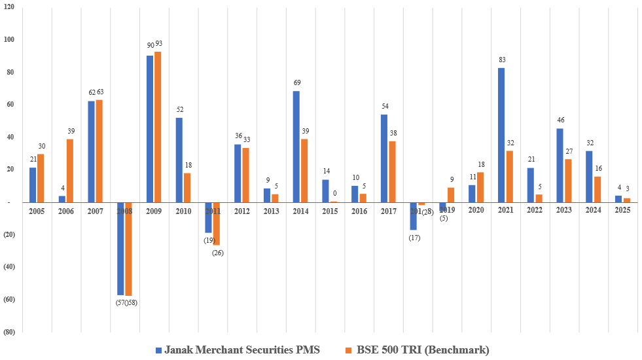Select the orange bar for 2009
[158, 127]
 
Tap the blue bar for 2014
[296, 147]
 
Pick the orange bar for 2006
[69, 171]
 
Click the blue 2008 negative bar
[120, 249]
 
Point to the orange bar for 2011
[216, 224]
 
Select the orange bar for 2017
[392, 171]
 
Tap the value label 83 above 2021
[501, 60]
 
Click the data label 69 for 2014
[296, 83]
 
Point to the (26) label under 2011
[217, 253]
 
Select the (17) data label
[414, 238]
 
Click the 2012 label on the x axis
[241, 211]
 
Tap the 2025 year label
[622, 211]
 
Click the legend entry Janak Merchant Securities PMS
[238, 350]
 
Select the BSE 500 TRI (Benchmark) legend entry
[418, 350]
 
